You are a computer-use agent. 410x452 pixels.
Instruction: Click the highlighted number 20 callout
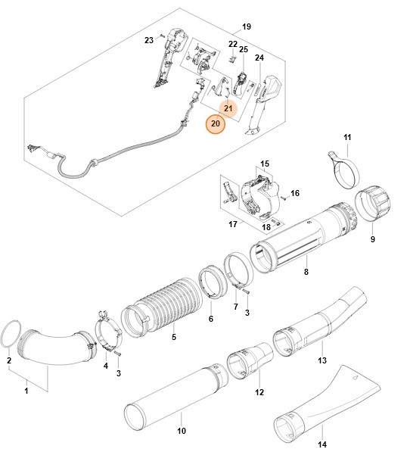tap(216, 123)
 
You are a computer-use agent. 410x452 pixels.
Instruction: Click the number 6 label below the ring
tap(210, 319)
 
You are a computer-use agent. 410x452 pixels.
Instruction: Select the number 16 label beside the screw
tap(295, 193)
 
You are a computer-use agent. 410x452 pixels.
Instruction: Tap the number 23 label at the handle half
tap(148, 39)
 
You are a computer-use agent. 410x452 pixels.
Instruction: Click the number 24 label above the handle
tap(259, 58)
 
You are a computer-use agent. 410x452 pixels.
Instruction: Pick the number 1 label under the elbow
tap(26, 391)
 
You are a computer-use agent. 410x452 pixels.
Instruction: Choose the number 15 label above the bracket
tap(265, 164)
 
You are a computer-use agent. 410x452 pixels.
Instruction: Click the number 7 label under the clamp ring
tap(235, 307)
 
